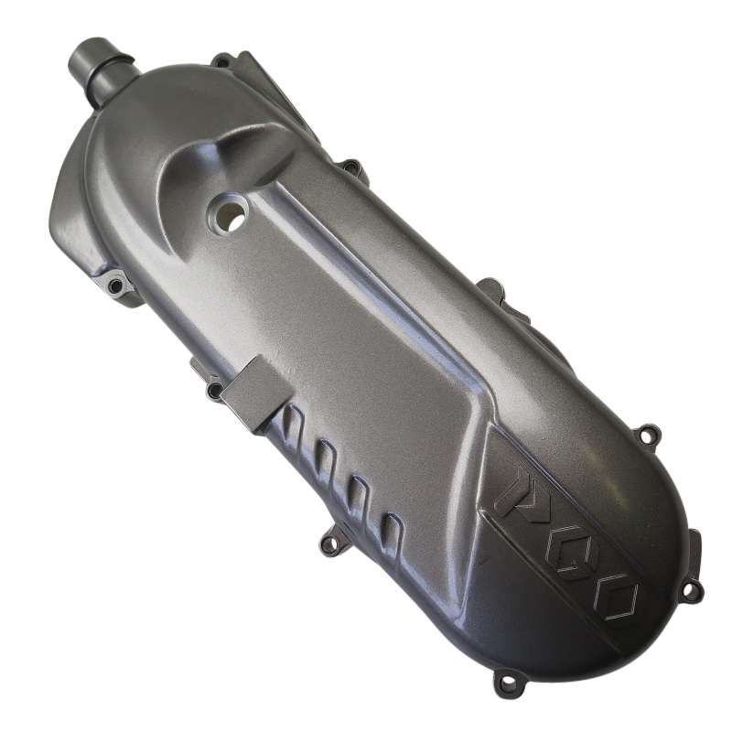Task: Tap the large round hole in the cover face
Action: click(230, 213)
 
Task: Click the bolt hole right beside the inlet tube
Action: click(223, 61)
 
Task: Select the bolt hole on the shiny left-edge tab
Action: click(114, 285)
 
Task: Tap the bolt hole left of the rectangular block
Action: click(215, 388)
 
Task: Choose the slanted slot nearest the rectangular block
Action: click(293, 425)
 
